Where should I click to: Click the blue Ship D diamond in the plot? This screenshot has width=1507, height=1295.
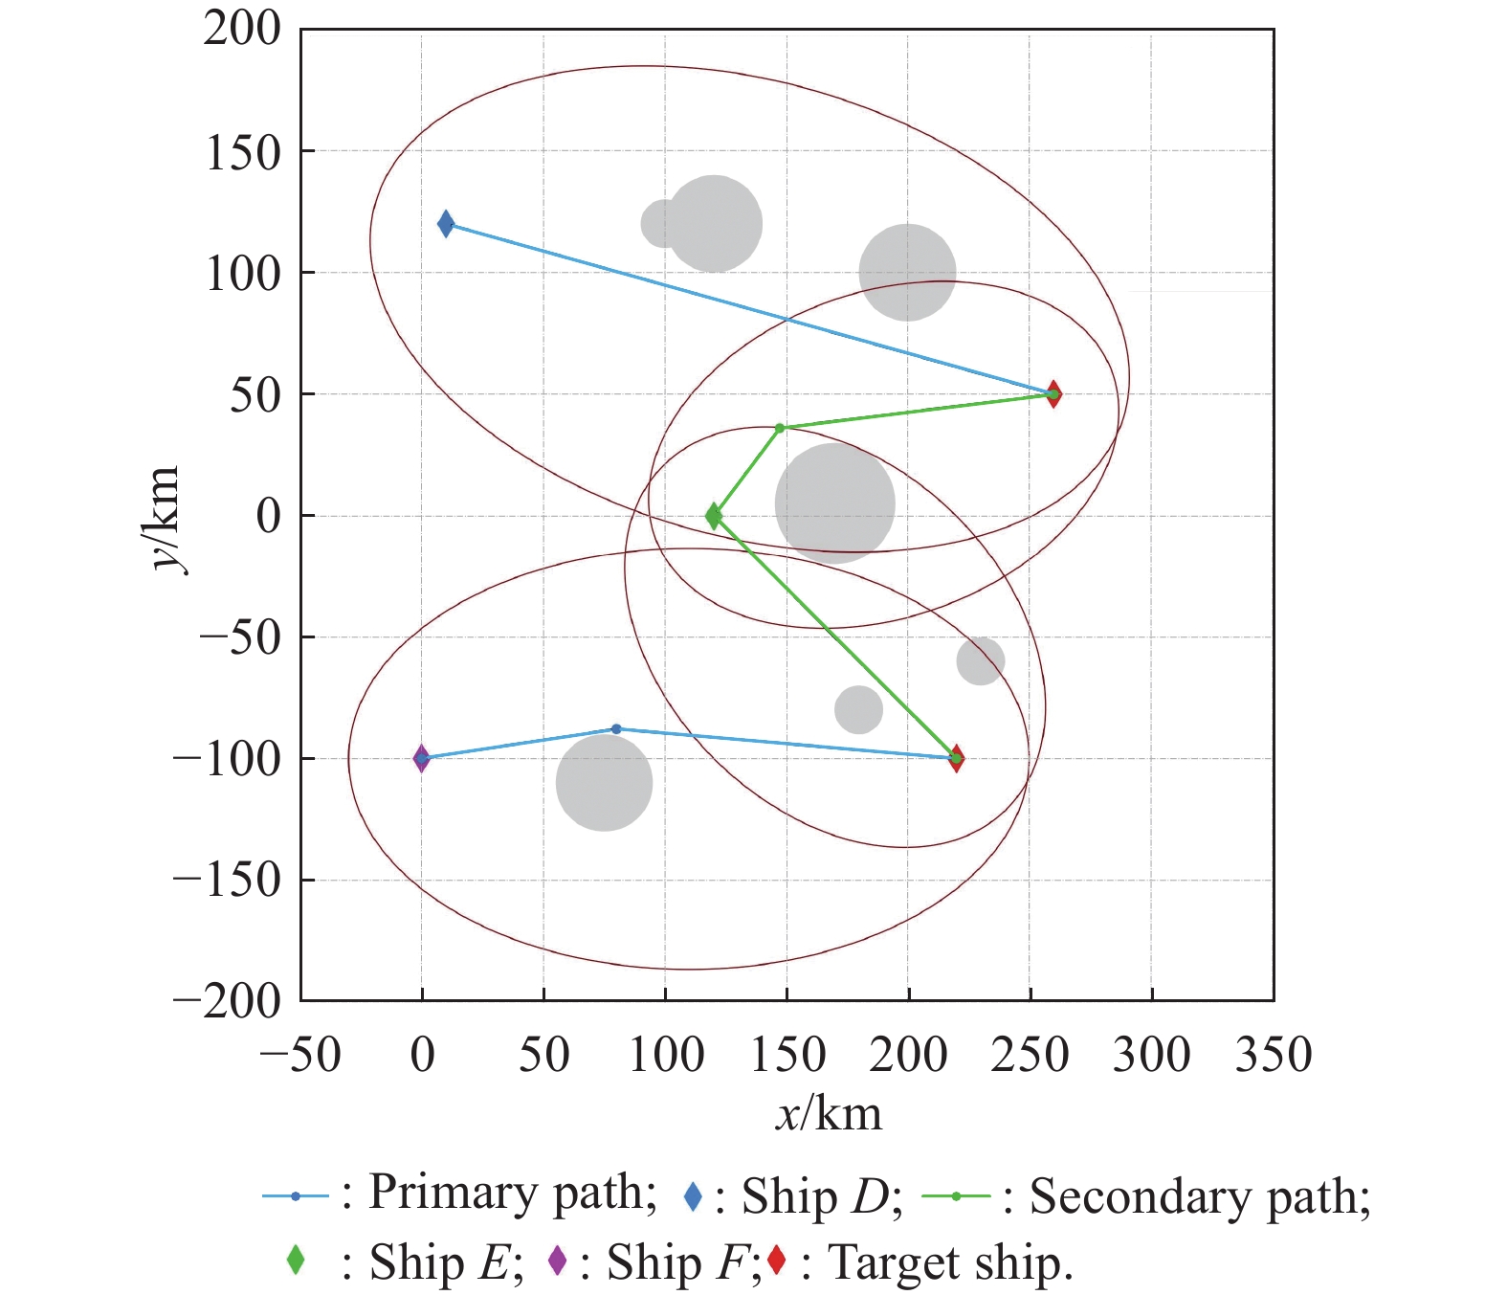click(x=446, y=224)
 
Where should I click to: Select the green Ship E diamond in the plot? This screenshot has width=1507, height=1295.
click(x=714, y=516)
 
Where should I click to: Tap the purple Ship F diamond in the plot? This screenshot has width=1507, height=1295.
click(x=421, y=758)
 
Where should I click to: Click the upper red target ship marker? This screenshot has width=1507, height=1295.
click(x=1053, y=394)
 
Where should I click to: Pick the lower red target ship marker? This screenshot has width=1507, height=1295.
click(x=957, y=758)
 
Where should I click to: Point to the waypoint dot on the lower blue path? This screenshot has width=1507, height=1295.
click(x=616, y=729)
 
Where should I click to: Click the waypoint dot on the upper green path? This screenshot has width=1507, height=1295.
click(x=780, y=428)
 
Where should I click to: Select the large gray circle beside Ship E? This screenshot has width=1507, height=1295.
click(x=834, y=503)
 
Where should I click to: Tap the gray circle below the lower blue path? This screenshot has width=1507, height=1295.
click(x=604, y=782)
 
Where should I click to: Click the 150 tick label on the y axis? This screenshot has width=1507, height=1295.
click(x=243, y=153)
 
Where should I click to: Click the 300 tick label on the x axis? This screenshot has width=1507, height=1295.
click(x=1151, y=1055)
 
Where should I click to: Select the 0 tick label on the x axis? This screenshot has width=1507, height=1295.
click(x=422, y=1055)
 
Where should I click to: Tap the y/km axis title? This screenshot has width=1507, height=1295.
click(x=164, y=518)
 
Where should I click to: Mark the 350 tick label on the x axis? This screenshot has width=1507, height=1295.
click(x=1273, y=1055)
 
